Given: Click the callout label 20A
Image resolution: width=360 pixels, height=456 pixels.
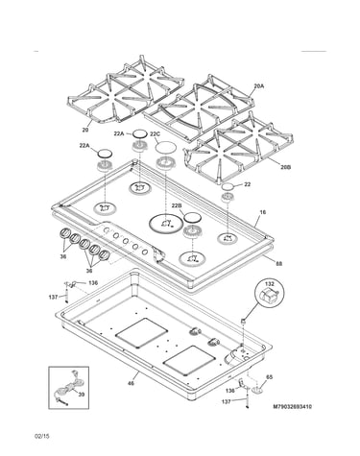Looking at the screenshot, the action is point(259,85).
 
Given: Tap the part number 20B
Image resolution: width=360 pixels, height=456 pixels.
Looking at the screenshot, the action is point(285,167).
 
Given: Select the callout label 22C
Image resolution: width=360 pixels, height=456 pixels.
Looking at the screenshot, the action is point(156,134).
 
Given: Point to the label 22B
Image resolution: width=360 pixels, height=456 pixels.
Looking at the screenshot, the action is point(177,205).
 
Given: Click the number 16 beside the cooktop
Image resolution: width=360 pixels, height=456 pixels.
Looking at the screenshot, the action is point(263,212).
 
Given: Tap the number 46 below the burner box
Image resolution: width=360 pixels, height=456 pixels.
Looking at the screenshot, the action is point(131,383).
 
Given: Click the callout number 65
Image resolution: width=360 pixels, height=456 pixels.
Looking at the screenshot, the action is point(270,377).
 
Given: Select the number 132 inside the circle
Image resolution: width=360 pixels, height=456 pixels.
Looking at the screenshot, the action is point(270,283).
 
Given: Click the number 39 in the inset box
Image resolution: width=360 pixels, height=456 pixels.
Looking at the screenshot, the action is point(82,395).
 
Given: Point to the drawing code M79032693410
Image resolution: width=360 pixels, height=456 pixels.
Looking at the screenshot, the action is point(293,407).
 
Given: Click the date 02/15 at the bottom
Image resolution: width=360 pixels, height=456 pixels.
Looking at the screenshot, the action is point(42,436).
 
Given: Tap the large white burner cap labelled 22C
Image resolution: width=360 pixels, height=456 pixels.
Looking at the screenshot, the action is point(166,147).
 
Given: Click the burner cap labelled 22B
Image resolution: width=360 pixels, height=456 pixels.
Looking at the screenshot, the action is point(192,217).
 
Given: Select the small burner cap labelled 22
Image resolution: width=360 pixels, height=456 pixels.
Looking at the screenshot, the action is point(227,186).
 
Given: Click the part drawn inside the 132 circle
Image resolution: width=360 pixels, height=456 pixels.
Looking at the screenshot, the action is point(268,294).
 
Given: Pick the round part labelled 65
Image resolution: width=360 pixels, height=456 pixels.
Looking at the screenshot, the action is point(257,390).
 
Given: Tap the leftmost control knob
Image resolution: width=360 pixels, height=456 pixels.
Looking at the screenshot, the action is point(64,233).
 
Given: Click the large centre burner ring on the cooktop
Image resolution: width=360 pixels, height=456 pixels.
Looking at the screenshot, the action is point(165,223).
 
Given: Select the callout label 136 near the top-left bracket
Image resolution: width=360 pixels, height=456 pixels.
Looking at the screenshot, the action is point(93,283).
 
